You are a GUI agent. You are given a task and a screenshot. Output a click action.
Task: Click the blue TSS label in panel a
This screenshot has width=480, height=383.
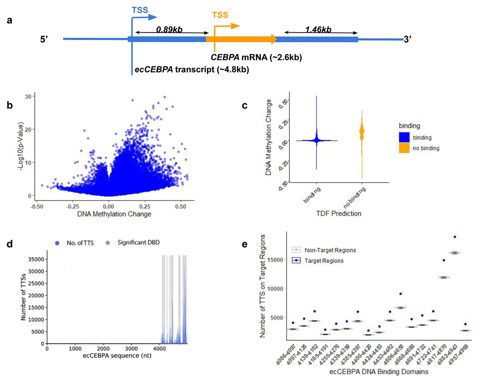point(140,10)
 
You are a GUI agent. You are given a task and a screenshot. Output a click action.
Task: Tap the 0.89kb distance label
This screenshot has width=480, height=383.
point(169,30)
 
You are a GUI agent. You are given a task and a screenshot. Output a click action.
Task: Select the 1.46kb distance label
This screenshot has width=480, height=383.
point(319,30)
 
